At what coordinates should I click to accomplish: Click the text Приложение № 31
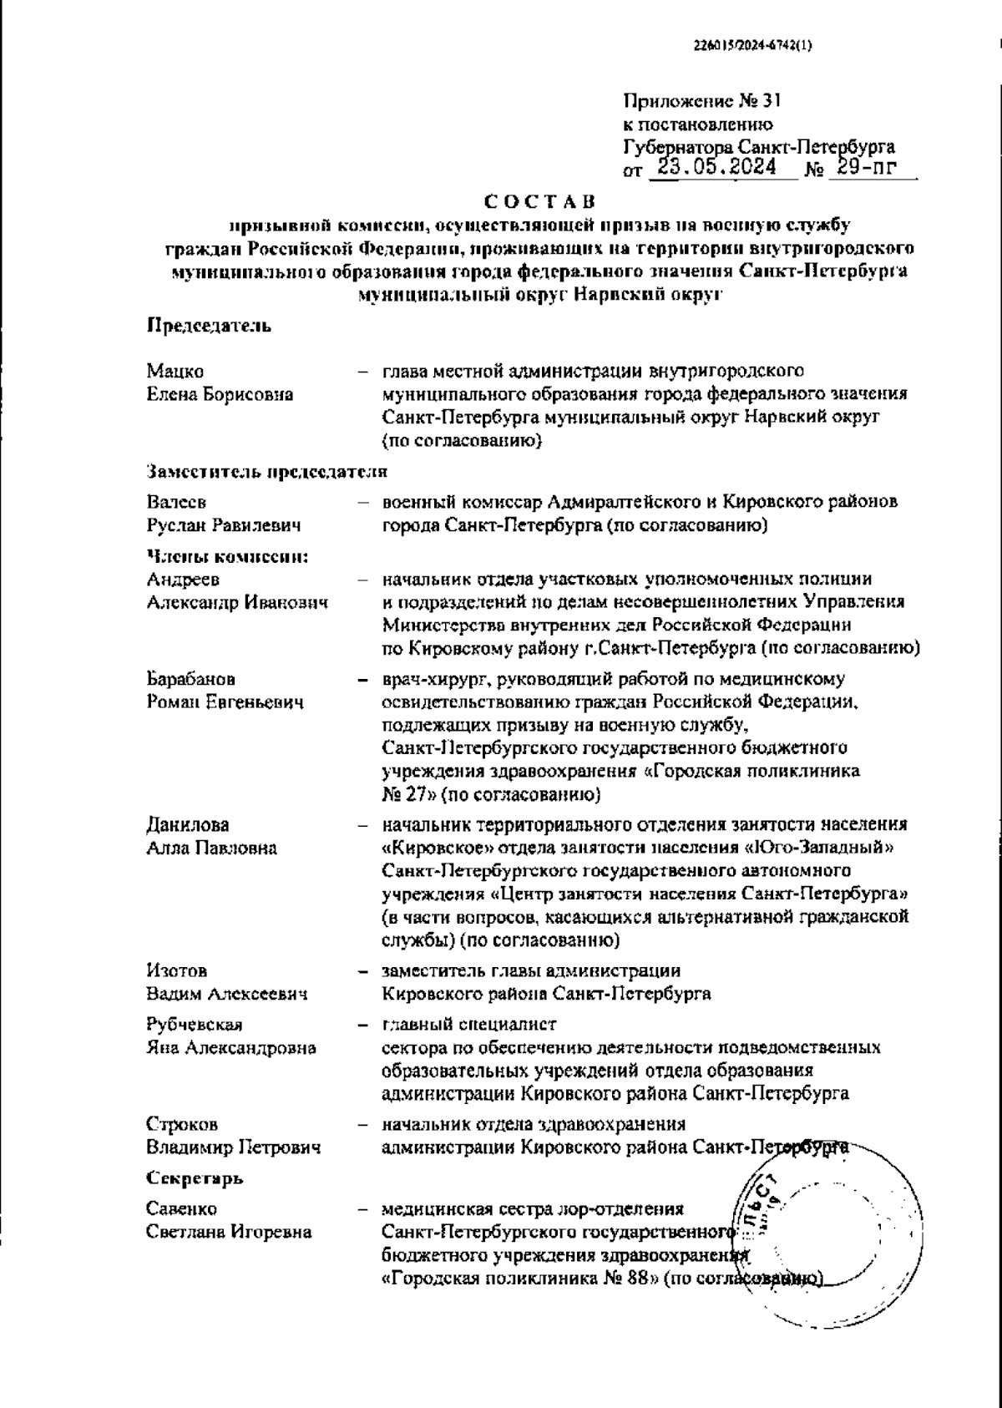point(701,102)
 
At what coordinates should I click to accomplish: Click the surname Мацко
point(175,371)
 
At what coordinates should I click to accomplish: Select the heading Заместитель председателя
point(267,472)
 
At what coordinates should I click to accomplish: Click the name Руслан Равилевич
point(224,526)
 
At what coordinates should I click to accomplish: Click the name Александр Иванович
point(237,602)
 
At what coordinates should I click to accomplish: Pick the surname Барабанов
point(191,679)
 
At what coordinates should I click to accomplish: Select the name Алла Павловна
point(212,848)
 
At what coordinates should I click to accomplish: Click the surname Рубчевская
point(195,1025)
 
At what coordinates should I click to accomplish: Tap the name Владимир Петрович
point(234,1148)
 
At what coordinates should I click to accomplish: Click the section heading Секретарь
point(195,1179)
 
